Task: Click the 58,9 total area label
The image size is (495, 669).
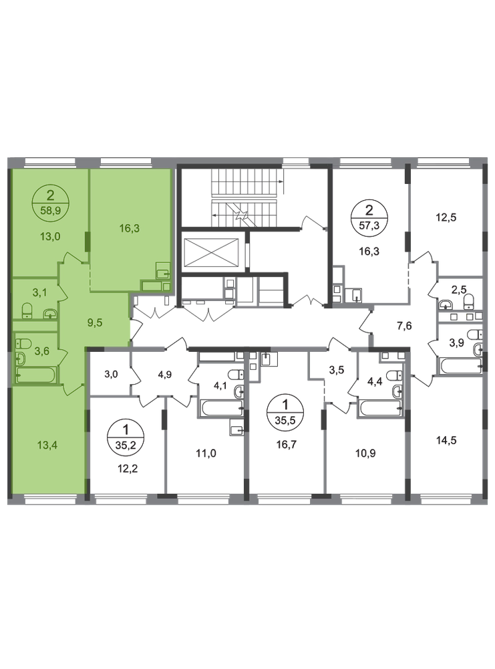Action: (x=50, y=210)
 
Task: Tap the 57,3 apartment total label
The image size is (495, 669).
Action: (x=369, y=225)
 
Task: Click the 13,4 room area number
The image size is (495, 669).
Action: (x=47, y=445)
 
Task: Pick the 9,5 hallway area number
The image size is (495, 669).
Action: (x=95, y=322)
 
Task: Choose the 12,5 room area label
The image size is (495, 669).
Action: (x=446, y=217)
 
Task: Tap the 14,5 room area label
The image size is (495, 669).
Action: (x=446, y=440)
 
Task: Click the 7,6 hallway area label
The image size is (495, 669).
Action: (x=404, y=326)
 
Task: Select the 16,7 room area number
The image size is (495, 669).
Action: (x=287, y=445)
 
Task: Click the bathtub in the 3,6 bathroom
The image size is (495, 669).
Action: (x=35, y=375)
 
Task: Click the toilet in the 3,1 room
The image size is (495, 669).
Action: (x=27, y=310)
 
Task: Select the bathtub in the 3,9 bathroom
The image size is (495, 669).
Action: (x=461, y=367)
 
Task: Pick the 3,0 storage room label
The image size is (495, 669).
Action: (x=111, y=374)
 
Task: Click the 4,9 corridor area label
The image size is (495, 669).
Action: (x=164, y=374)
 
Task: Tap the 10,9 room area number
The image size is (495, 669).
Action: (x=365, y=453)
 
